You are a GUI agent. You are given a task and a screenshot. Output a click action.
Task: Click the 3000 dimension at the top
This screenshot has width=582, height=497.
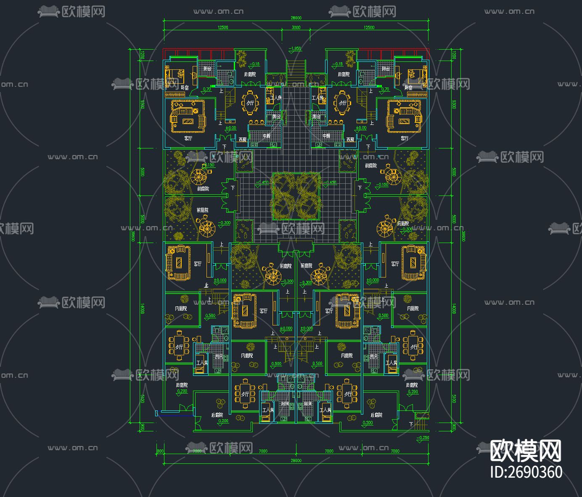tap(296, 27)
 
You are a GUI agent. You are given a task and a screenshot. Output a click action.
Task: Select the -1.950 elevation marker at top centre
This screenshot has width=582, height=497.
tap(295, 49)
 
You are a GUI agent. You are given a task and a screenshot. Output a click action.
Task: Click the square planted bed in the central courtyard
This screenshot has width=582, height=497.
tap(296, 196)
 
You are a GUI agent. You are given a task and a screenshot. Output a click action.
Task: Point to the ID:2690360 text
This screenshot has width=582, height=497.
tap(526, 472)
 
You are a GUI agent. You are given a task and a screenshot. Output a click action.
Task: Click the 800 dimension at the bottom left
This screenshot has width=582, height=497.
tap(160, 451)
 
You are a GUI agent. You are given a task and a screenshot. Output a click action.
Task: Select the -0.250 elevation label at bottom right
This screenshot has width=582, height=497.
tap(423, 438)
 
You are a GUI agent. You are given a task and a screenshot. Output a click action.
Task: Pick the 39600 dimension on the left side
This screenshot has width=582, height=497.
tap(133, 236)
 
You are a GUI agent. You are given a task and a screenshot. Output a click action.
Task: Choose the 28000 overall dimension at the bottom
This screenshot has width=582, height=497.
tap(296, 460)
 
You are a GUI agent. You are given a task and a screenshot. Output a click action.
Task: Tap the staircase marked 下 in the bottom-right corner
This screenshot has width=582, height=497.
tap(421, 423)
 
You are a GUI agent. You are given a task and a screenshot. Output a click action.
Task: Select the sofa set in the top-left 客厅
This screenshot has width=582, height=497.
tap(188, 116)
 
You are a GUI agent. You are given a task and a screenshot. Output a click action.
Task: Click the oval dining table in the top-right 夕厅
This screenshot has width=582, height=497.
tap(342, 103)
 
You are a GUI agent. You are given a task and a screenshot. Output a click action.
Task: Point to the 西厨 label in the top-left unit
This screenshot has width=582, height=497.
tap(243, 139)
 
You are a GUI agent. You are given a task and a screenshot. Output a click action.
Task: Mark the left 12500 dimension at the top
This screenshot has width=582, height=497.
tap(223, 27)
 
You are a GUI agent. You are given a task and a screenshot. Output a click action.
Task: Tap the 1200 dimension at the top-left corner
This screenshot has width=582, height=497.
tap(142, 55)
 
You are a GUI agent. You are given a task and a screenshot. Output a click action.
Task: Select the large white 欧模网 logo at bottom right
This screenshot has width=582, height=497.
tap(526, 451)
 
